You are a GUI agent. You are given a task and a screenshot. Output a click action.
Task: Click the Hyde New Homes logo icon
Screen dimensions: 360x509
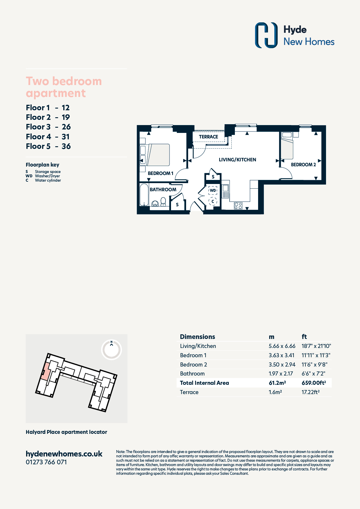(266, 35)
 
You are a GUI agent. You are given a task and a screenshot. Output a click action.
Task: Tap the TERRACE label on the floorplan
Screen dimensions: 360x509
(208, 137)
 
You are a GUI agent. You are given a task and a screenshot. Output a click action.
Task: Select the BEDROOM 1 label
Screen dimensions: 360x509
(161, 173)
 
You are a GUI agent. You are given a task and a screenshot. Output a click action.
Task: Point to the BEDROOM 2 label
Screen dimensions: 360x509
(303, 165)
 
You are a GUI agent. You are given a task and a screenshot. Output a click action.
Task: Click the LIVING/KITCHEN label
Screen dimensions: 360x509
(237, 160)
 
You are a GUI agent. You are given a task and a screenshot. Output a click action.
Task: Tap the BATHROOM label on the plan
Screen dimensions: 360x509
(163, 189)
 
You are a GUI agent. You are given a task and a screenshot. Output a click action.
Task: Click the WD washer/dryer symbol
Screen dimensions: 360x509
(213, 190)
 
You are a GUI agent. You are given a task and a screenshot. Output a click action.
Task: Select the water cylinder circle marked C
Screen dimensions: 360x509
(213, 201)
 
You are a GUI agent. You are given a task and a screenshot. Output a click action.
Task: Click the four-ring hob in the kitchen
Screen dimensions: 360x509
(238, 206)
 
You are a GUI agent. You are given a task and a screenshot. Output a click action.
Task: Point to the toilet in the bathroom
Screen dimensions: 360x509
(163, 202)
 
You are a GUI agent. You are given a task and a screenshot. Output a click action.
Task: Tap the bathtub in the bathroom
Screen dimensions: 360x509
(144, 194)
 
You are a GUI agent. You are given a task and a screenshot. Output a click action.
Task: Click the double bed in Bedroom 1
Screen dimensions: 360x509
(158, 155)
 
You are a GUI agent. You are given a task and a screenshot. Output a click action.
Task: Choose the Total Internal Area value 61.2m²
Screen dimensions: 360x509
(277, 383)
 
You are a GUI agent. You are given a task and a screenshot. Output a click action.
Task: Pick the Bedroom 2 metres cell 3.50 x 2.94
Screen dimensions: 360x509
(282, 364)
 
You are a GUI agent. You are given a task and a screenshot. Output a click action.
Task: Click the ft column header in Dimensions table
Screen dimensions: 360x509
(304, 337)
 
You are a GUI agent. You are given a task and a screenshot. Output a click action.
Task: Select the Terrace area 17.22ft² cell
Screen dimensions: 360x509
(311, 392)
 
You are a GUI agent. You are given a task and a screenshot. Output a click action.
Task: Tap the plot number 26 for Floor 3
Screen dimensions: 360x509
(66, 127)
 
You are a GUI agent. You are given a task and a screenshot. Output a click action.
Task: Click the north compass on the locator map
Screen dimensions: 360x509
(111, 350)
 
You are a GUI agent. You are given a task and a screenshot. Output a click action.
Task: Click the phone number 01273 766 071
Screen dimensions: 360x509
(46, 462)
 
